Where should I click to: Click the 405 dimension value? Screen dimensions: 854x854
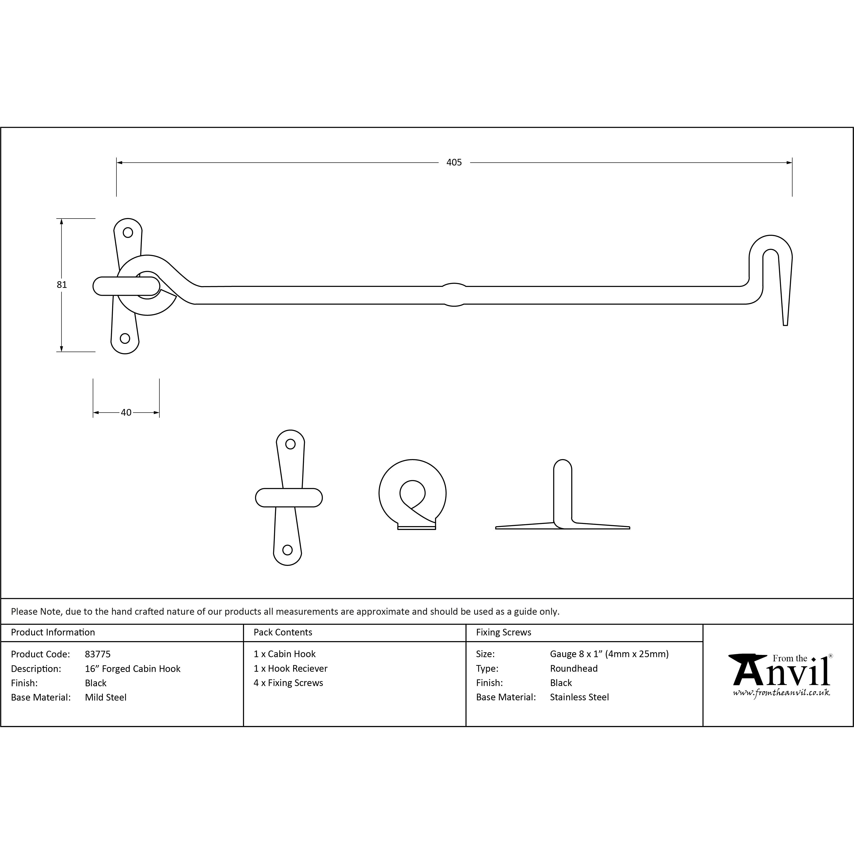coord(454,162)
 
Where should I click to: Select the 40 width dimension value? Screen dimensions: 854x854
coord(126,412)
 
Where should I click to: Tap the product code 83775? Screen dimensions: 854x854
coord(98,654)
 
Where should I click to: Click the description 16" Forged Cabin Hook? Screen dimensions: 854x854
coord(133,669)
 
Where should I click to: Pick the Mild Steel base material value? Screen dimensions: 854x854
coord(106,698)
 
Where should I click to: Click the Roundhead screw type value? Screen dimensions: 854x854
coord(574,669)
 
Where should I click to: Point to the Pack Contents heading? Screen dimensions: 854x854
coord(283,632)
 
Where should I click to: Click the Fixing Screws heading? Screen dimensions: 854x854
coord(503,632)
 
